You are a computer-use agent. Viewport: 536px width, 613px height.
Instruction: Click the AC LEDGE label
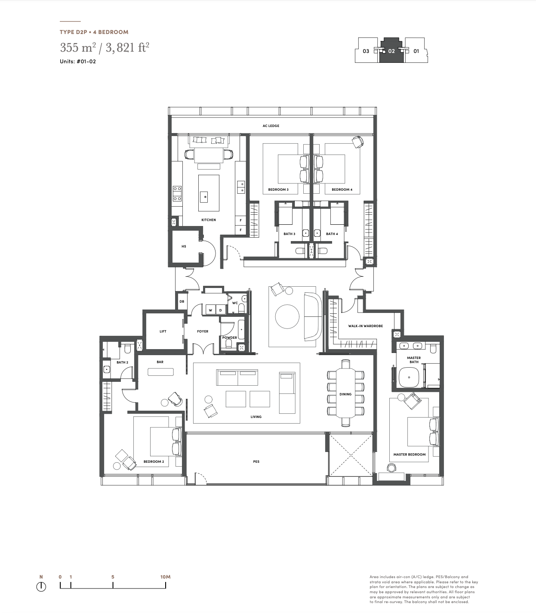tap(271, 126)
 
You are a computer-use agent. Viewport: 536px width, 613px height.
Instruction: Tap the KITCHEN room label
tap(208, 220)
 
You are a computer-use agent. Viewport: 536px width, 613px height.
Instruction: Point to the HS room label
tap(184, 246)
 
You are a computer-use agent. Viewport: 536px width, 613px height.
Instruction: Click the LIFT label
tap(163, 331)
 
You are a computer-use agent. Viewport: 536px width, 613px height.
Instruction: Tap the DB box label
tap(182, 301)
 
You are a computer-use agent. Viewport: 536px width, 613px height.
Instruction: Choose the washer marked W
tap(210, 310)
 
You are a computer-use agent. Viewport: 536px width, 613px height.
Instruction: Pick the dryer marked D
tap(221, 310)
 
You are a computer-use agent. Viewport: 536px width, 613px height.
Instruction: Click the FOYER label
tap(203, 331)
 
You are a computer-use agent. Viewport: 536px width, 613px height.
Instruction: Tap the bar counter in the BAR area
tap(160, 372)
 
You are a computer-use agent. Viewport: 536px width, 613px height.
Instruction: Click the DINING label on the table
tap(345, 394)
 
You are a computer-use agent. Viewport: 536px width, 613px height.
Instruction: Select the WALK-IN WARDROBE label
tap(365, 326)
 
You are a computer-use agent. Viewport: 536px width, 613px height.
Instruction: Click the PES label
tap(256, 462)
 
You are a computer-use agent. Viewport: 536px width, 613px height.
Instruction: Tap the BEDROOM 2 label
tap(154, 462)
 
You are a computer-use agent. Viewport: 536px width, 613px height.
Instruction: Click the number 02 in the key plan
tap(391, 51)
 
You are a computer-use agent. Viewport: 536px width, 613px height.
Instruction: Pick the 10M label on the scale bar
tap(165, 577)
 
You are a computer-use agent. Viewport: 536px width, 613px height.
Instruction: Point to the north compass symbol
tap(41, 586)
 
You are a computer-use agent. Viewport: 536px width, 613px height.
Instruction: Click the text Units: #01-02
tap(78, 62)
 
